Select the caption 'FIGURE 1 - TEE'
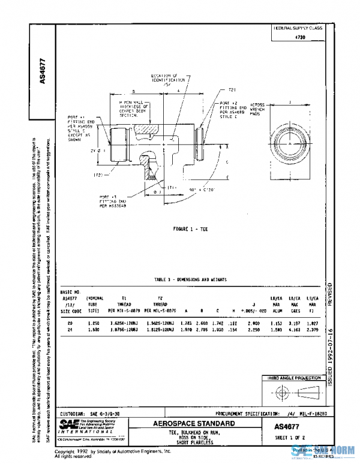(x=191, y=230)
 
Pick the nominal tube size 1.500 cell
(x=93, y=329)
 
